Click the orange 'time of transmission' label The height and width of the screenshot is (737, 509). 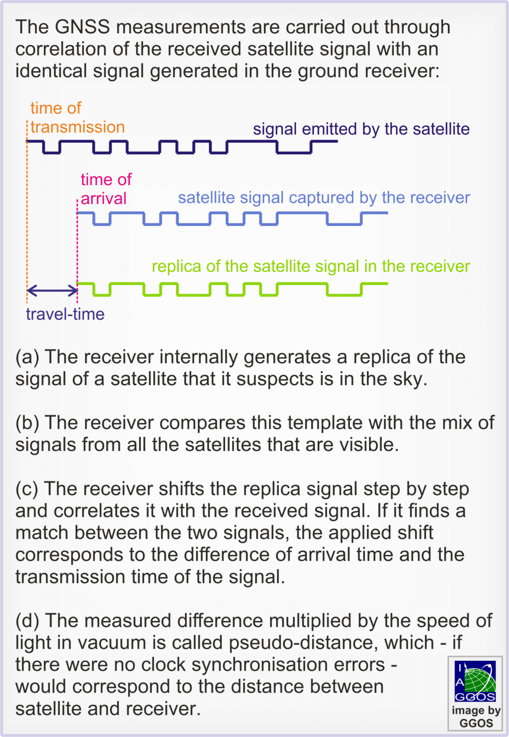click(x=77, y=117)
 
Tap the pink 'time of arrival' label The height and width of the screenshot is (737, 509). click(x=106, y=189)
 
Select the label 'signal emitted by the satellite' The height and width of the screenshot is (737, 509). click(x=361, y=129)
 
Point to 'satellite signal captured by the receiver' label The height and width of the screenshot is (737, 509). click(x=324, y=198)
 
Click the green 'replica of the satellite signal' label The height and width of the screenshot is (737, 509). click(x=311, y=266)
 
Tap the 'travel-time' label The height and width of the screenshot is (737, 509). click(x=65, y=314)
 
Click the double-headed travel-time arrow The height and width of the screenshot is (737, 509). click(x=52, y=290)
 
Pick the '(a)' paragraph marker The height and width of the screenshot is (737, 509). click(x=28, y=357)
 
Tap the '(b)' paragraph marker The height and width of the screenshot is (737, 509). click(x=28, y=423)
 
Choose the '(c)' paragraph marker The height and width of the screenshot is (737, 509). click(x=27, y=489)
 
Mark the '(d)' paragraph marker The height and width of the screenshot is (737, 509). click(x=28, y=621)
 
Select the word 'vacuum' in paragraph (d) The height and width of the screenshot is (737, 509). click(x=117, y=643)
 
